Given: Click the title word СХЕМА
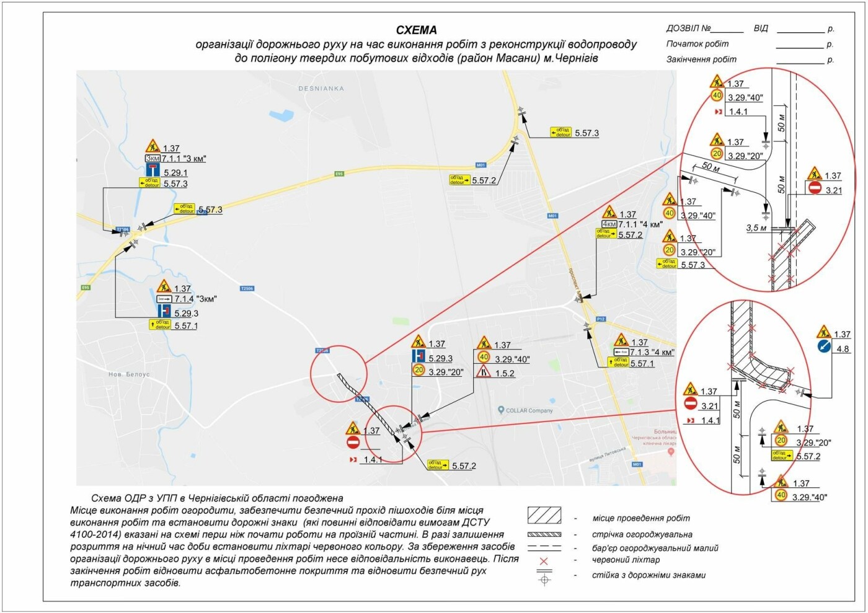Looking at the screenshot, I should [x=416, y=30].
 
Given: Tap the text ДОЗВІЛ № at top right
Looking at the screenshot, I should [x=688, y=29].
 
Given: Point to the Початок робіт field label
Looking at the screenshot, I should [x=697, y=44].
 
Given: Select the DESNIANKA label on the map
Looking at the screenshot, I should [x=321, y=89].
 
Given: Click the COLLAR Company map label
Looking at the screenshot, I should [x=529, y=410].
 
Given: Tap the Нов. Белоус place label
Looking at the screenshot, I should [x=129, y=374].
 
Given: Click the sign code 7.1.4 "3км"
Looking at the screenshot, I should [x=195, y=299].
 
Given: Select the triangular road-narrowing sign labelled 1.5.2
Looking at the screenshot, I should [x=484, y=372].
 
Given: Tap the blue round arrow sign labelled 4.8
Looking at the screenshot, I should [x=823, y=347].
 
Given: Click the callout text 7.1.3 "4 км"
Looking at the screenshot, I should [x=652, y=353].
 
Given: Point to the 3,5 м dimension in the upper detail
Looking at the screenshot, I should [x=756, y=228].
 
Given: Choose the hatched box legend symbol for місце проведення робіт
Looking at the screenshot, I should [x=544, y=515].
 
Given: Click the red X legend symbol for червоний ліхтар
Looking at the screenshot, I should [x=544, y=561].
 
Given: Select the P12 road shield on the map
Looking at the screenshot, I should [x=600, y=319].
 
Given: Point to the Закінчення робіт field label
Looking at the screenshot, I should [x=701, y=60].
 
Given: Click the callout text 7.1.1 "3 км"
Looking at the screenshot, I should [x=184, y=159].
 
